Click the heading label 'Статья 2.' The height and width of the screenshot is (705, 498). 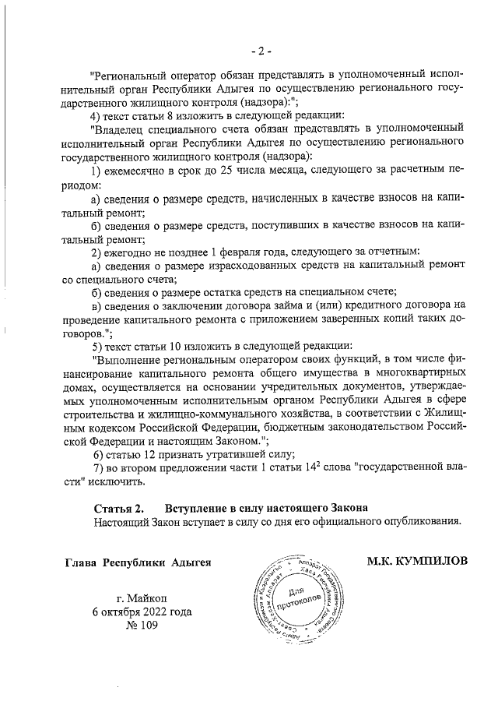[117, 508]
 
